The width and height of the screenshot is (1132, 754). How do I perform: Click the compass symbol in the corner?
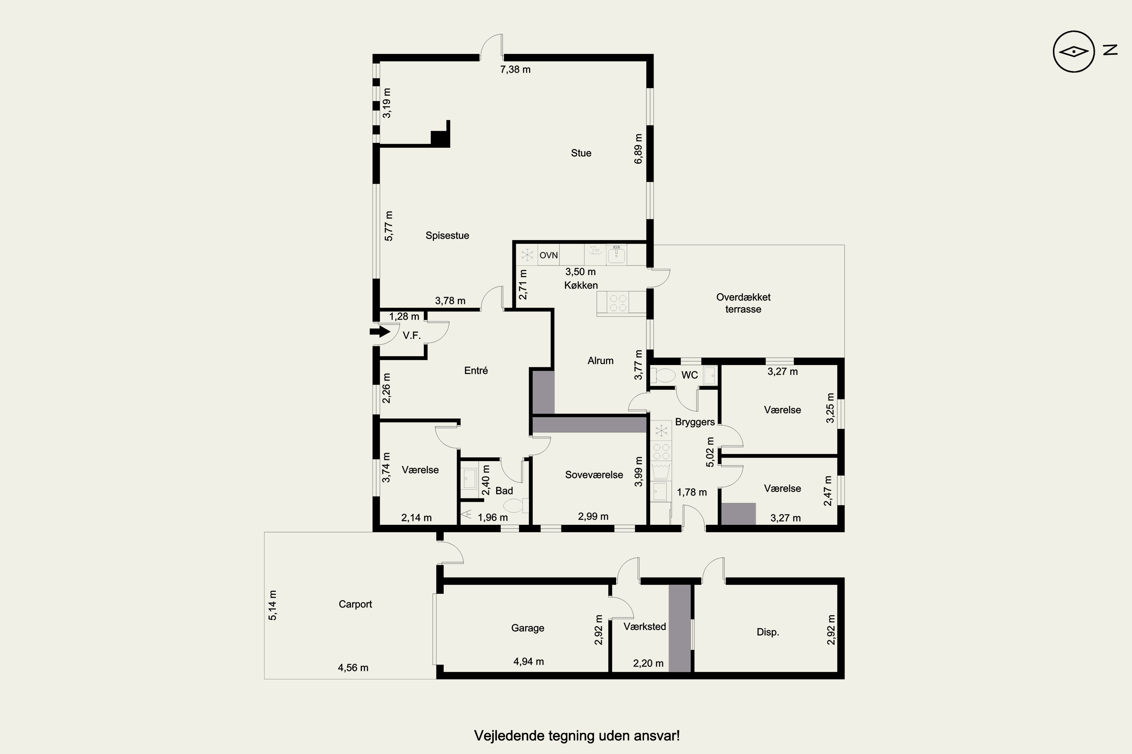tap(1074, 51)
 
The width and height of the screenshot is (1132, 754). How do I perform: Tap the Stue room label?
tap(581, 153)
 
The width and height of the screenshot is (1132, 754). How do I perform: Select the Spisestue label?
tap(447, 236)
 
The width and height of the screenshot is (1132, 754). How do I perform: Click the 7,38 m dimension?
tap(515, 70)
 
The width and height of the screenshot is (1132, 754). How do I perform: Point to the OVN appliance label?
tap(549, 255)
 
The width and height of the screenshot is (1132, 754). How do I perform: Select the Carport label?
tap(355, 604)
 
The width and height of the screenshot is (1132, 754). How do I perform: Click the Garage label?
tap(528, 628)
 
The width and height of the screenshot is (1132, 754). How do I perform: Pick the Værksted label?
tap(645, 627)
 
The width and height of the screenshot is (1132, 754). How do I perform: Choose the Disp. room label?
tap(767, 632)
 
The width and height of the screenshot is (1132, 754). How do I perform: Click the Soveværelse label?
tap(594, 475)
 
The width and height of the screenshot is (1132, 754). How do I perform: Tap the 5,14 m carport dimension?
tap(272, 605)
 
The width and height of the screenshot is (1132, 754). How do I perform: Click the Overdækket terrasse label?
tap(743, 303)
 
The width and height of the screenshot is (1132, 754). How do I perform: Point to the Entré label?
tap(476, 371)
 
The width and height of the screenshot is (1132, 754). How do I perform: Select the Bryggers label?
tap(695, 422)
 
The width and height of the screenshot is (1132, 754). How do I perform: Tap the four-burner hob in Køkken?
tap(618, 303)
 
